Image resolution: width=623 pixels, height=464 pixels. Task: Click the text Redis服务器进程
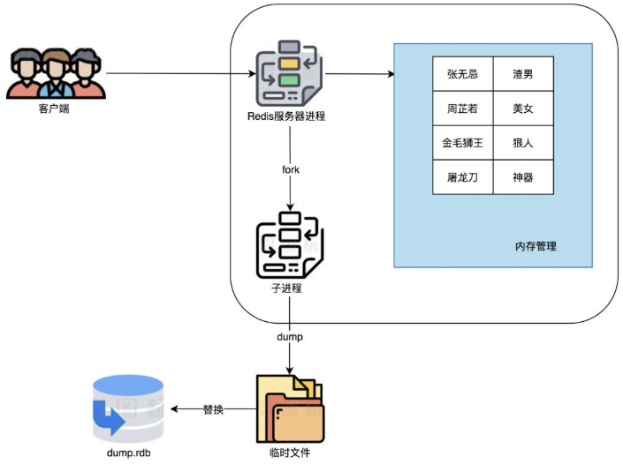[x=286, y=116]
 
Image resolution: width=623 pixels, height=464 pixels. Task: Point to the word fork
[x=289, y=168]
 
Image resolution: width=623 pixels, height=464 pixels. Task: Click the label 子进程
[x=288, y=288]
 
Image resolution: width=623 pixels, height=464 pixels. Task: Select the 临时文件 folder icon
[x=289, y=408]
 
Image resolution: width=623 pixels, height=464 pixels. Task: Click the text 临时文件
[x=289, y=453]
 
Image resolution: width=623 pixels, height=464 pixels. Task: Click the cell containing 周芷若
[x=462, y=109]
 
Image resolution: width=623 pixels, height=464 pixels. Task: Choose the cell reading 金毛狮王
[x=462, y=143]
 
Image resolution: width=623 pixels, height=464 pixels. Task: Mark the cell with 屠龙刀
[x=462, y=176]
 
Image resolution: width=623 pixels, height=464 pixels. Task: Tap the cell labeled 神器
[x=523, y=176]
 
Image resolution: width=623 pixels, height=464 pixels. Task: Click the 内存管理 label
[x=536, y=246]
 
